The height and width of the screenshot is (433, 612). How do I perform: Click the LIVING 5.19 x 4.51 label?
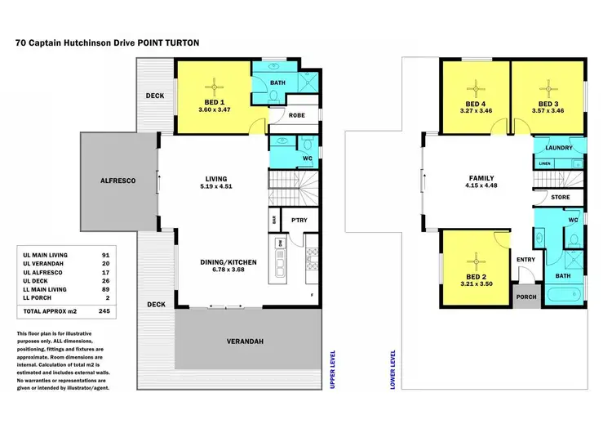(x=216, y=183)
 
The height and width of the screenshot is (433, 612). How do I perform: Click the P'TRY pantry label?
(x=292, y=219)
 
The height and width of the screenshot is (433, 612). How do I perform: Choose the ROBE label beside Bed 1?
(x=297, y=116)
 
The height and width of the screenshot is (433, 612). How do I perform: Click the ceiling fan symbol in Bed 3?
(x=548, y=87)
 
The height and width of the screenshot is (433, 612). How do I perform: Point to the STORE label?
(x=559, y=197)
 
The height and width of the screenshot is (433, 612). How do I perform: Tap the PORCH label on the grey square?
(x=526, y=297)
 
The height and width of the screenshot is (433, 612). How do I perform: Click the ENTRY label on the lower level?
(x=526, y=260)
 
